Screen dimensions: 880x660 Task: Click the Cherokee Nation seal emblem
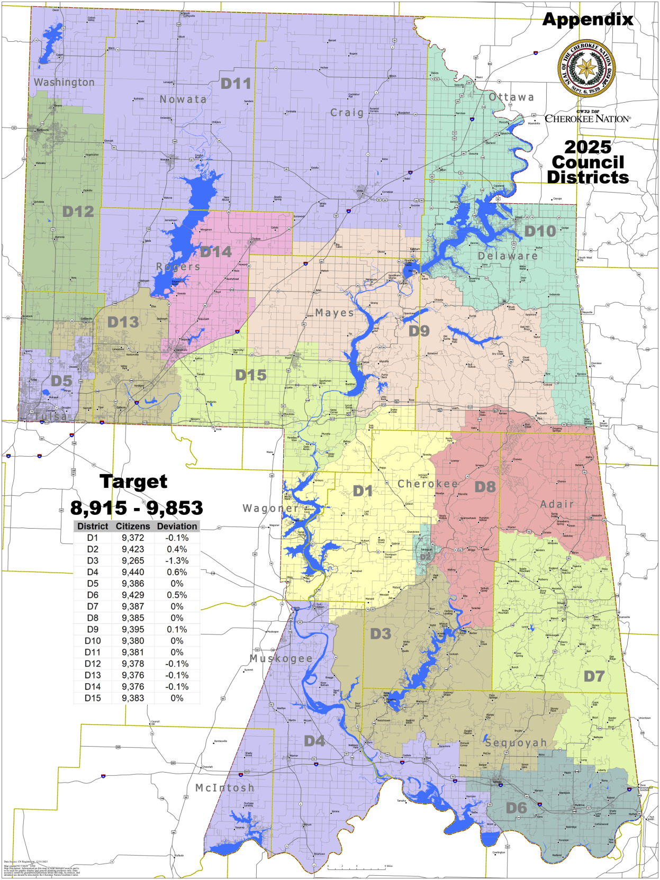coord(586,68)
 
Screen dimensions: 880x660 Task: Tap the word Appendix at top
coord(587,20)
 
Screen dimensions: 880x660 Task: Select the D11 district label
coord(236,84)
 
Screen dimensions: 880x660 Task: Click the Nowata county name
coord(183,99)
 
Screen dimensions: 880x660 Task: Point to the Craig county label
coord(347,113)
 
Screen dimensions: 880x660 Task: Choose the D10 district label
coord(540,231)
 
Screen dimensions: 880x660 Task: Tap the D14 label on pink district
coord(216,252)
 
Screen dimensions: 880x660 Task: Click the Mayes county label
coord(334,313)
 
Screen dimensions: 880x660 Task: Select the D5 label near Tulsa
coord(61,381)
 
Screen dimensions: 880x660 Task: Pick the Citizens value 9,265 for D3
coord(133,561)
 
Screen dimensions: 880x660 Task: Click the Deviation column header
coord(177,527)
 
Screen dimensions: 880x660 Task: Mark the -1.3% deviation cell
coord(177,561)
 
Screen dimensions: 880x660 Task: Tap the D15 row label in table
coord(93,698)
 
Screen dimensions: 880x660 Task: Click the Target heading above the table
coord(133,482)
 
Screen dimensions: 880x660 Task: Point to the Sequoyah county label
coord(516,743)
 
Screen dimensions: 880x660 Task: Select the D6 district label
coord(516,808)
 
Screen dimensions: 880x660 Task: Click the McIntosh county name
coord(225,788)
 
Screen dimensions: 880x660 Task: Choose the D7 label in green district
coord(594,676)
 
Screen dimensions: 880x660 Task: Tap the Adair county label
coord(557,504)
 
